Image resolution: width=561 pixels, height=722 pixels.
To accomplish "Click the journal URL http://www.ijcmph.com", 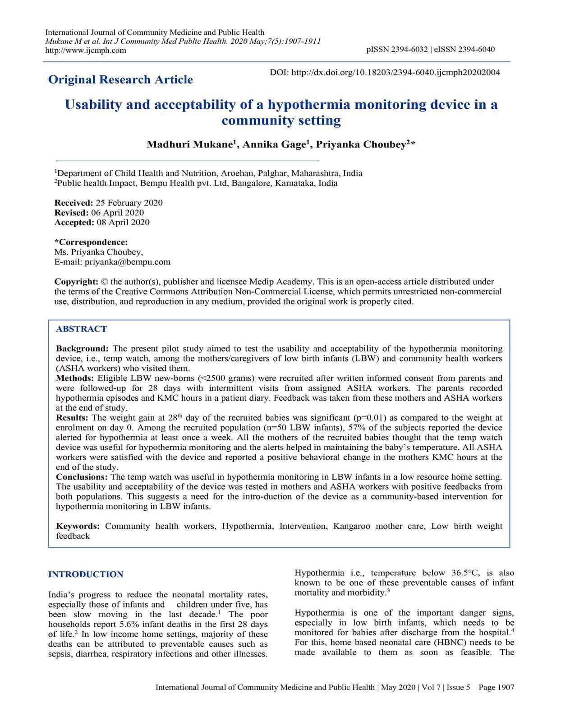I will coord(86,51).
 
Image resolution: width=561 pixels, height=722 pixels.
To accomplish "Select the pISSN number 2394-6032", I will coord(409,49).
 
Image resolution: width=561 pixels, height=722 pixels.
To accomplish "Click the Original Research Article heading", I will coord(120,80).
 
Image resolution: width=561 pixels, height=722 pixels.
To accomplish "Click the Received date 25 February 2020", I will coord(129,203).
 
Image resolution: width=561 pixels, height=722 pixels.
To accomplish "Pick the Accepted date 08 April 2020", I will coord(123,222).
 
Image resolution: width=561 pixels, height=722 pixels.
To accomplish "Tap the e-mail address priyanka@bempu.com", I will coord(128,262).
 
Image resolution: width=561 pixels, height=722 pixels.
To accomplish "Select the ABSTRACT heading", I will coord(81,329).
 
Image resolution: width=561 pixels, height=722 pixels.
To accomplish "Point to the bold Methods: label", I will coord(75,378).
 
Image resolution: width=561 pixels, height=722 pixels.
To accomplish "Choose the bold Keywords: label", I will coord(78,526).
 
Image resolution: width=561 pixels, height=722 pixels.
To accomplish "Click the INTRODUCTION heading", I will coord(86,574).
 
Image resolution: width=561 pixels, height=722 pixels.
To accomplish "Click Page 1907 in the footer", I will coord(496,687).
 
